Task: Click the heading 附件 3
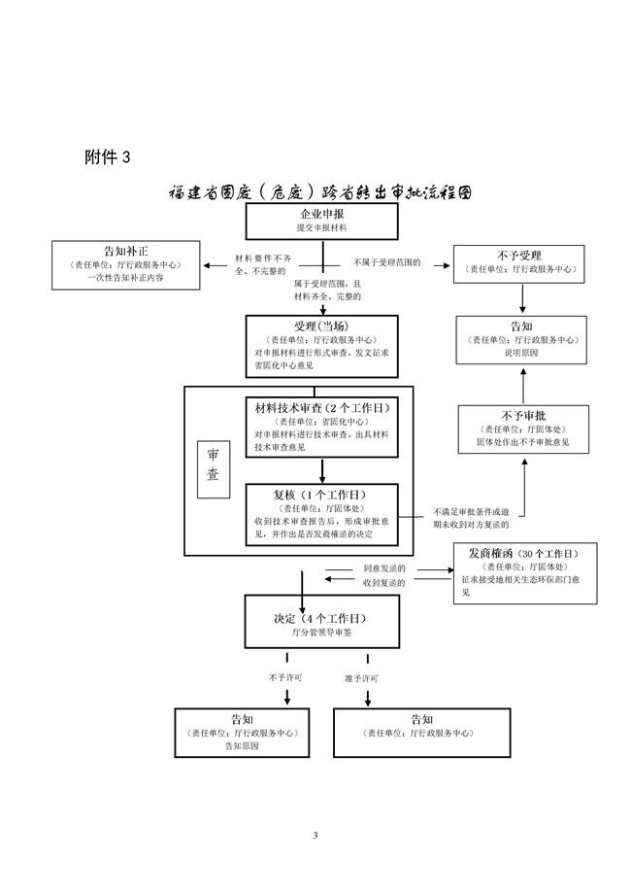106,156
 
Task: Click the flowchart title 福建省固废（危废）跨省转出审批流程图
320,192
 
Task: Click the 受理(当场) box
322,343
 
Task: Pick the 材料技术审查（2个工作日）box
321,429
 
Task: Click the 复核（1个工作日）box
321,513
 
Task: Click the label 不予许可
285,676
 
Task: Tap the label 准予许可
361,676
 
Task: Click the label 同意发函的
383,567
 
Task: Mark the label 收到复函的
383,582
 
